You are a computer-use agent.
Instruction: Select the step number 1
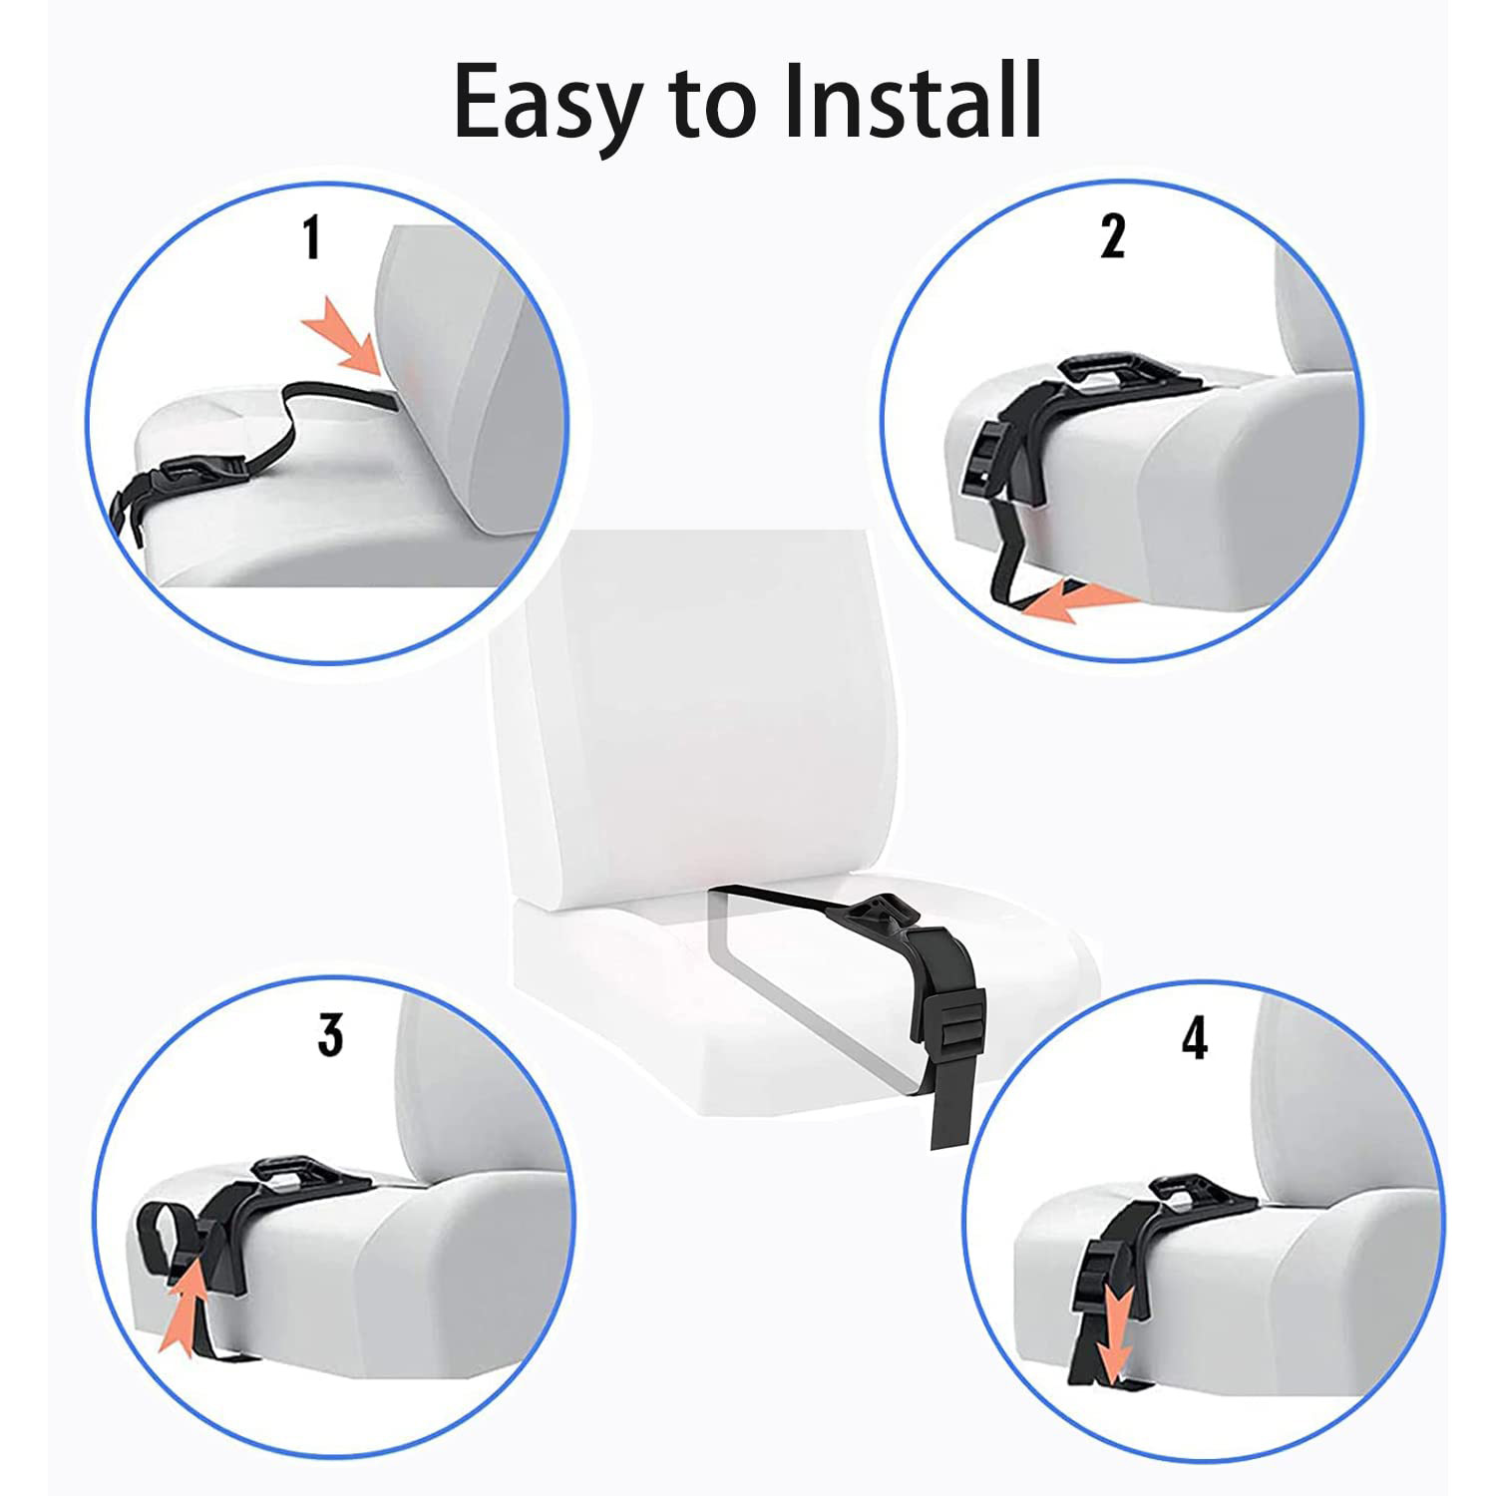(x=312, y=239)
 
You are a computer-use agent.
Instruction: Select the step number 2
(x=1113, y=237)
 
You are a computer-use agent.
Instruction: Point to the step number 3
(x=331, y=1034)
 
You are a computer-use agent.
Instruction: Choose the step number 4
(x=1194, y=1038)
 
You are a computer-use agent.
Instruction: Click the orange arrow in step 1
(x=343, y=342)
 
